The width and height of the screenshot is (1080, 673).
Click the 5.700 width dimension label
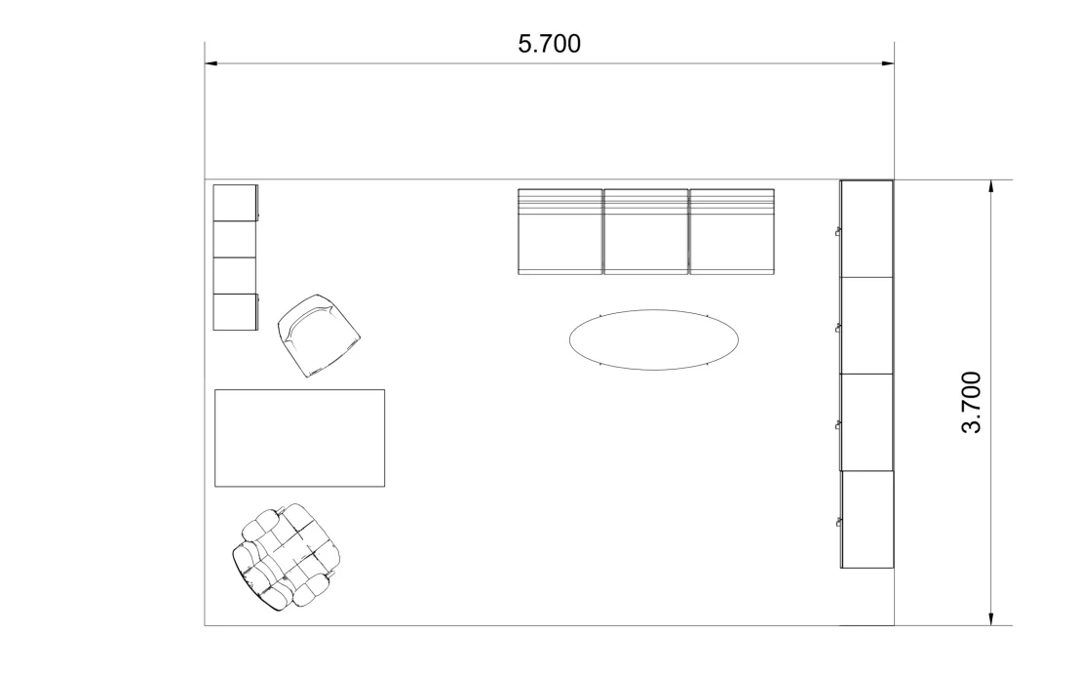tap(549, 45)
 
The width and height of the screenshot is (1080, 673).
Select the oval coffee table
tap(653, 339)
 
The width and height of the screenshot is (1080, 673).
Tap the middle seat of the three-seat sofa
tap(645, 232)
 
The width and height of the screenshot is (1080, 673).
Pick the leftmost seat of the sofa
tap(559, 232)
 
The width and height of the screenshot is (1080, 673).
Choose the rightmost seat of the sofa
tap(731, 232)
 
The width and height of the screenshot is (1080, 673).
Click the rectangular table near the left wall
tap(299, 437)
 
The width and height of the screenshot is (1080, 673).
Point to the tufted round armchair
tap(287, 557)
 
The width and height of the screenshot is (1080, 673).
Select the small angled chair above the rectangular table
tap(318, 336)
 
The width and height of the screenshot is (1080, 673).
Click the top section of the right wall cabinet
tap(867, 228)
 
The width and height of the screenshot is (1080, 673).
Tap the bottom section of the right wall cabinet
tap(867, 519)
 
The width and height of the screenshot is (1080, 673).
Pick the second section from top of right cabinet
tap(867, 325)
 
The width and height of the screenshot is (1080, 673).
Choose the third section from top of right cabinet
tap(867, 421)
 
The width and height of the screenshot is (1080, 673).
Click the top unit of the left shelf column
tap(234, 203)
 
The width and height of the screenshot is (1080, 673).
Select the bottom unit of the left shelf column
tap(234, 312)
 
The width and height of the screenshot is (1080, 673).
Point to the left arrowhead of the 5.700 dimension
tap(211, 64)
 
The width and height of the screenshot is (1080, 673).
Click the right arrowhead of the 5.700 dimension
tap(888, 64)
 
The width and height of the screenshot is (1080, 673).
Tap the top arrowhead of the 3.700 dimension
tap(990, 186)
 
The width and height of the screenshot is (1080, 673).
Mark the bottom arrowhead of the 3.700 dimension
tap(990, 618)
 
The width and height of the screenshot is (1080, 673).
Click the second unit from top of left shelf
tap(234, 239)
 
